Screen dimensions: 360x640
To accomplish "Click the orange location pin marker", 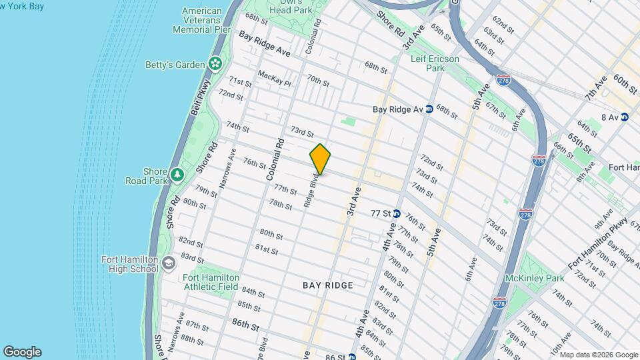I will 320,159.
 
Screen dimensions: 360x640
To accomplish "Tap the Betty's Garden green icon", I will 215,64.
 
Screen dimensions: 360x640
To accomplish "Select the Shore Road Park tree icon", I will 177,175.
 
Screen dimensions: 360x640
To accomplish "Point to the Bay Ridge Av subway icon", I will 429,109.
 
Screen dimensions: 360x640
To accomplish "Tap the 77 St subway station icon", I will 396,214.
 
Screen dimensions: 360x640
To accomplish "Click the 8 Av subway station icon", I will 624,117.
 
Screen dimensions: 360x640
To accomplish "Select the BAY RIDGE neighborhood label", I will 327,285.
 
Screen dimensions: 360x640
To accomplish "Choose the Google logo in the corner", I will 22,352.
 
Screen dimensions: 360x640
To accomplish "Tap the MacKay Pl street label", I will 274,79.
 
